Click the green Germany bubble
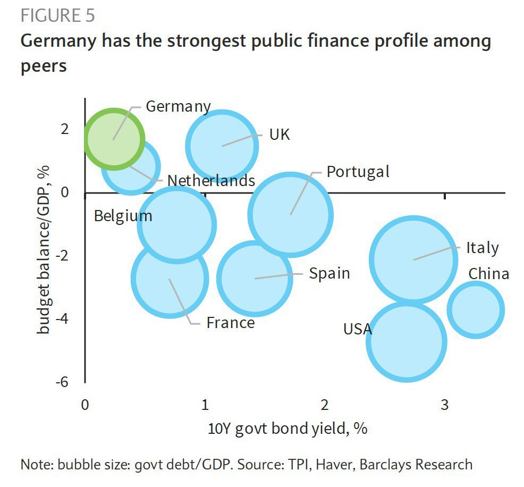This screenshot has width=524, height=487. [x=114, y=138]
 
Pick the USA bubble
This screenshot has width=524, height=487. [x=407, y=341]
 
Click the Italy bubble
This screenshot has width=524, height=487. [x=413, y=260]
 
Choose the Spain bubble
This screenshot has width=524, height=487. [x=255, y=278]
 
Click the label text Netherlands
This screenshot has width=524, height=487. [x=211, y=181]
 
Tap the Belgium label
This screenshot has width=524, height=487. [x=123, y=216]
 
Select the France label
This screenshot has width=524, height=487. [x=230, y=322]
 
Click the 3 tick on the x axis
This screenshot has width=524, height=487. [x=444, y=405]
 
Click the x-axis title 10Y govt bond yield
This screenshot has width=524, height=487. [x=288, y=429]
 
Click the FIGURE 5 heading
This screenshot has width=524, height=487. [x=57, y=15]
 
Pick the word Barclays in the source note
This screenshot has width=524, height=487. [x=388, y=464]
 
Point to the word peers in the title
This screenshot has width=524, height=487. [x=44, y=66]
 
